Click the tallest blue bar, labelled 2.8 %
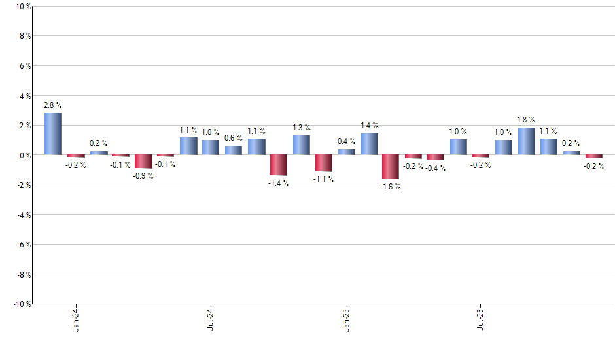point(53,134)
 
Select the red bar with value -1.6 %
point(391,167)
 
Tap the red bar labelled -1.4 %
point(279,166)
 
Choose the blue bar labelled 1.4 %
point(369,144)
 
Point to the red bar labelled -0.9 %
point(143,162)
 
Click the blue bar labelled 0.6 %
point(234,151)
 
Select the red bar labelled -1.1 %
point(324,163)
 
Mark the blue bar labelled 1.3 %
point(301,145)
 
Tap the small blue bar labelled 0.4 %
point(346,152)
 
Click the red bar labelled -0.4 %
point(436,158)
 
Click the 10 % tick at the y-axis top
point(22,7)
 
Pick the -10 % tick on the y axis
point(20,304)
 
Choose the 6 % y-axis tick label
point(24,66)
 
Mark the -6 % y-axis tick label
point(22,244)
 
